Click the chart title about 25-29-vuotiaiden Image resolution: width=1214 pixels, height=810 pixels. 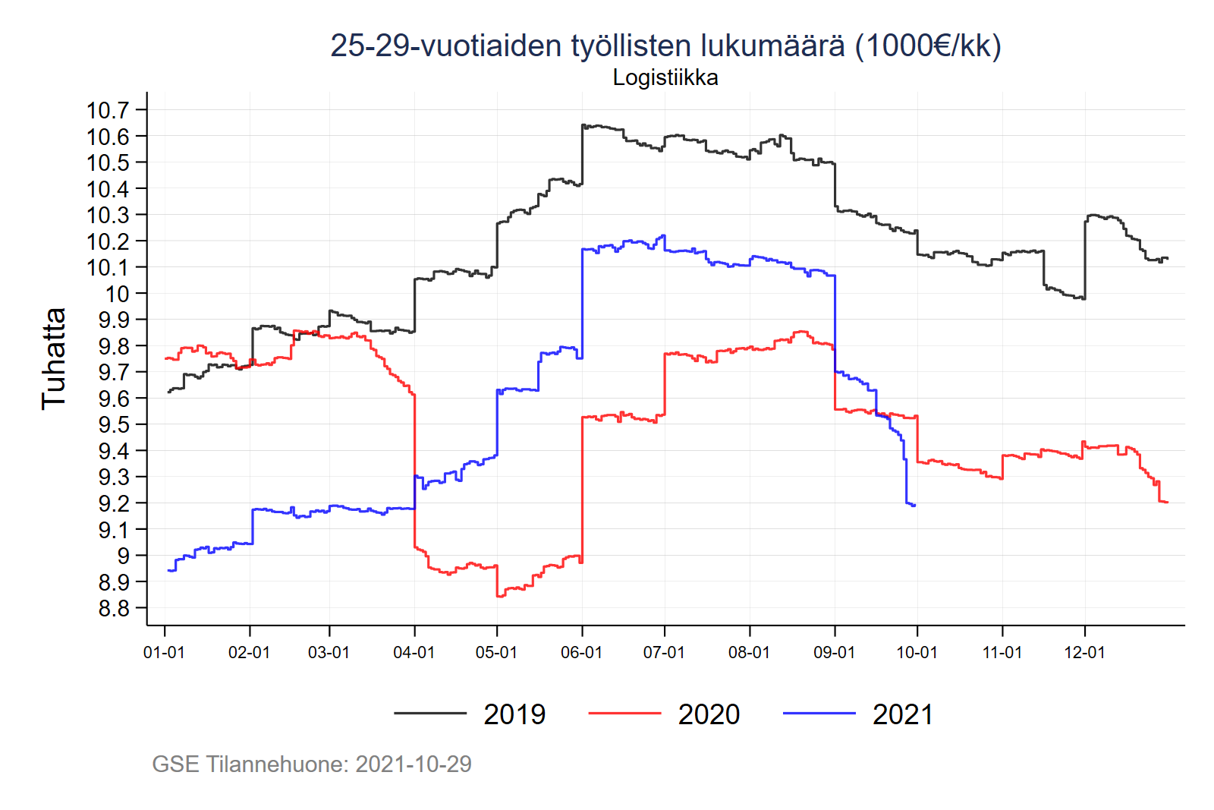click(x=665, y=46)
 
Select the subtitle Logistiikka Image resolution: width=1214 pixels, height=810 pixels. click(x=665, y=77)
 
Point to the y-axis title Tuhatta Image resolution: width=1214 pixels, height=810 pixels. click(x=54, y=358)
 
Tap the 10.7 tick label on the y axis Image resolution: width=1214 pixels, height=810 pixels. click(x=108, y=110)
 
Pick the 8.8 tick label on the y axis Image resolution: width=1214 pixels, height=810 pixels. click(x=114, y=609)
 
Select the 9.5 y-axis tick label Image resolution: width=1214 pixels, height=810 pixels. click(x=114, y=424)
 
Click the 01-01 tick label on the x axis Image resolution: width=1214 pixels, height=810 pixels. click(x=164, y=653)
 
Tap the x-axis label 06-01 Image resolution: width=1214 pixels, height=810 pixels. click(x=581, y=653)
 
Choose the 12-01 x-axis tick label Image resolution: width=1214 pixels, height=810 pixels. click(x=1084, y=653)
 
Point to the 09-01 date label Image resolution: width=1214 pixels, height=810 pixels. click(x=834, y=653)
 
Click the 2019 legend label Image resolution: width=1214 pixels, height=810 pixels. click(x=514, y=714)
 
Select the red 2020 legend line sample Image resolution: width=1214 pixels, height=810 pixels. click(x=624, y=713)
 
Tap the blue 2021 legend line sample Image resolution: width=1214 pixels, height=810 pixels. click(x=819, y=713)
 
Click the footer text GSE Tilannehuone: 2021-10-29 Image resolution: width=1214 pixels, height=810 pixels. click(x=312, y=764)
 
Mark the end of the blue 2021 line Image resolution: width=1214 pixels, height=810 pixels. click(x=915, y=506)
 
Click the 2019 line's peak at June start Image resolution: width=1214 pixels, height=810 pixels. click(x=583, y=124)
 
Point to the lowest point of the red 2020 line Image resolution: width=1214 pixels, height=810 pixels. click(x=498, y=597)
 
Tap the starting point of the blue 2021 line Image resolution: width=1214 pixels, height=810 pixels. click(x=168, y=570)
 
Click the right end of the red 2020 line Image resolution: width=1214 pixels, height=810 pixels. click(x=1167, y=503)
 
